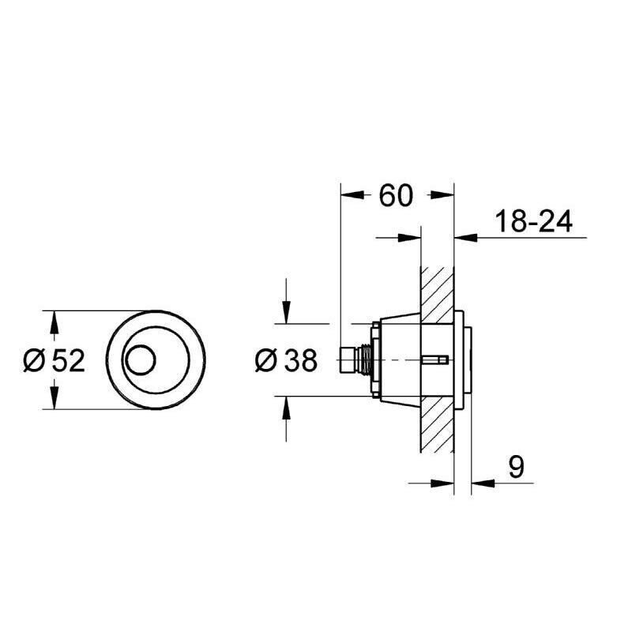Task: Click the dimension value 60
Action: click(x=396, y=195)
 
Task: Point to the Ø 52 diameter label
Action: click(x=54, y=360)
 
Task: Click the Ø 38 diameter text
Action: click(x=286, y=361)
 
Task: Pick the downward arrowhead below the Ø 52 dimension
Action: click(x=54, y=401)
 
